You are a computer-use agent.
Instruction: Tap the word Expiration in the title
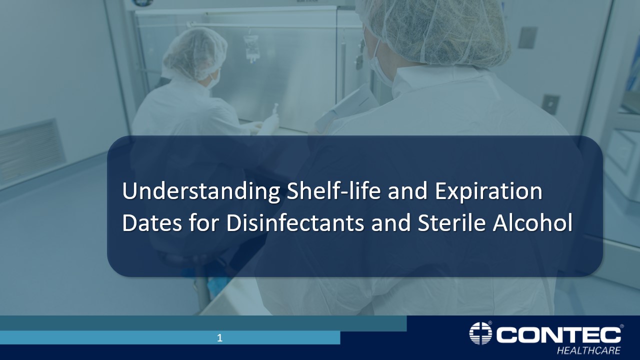(488, 192)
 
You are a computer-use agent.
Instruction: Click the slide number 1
(219, 338)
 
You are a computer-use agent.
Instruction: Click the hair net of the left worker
(194, 52)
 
